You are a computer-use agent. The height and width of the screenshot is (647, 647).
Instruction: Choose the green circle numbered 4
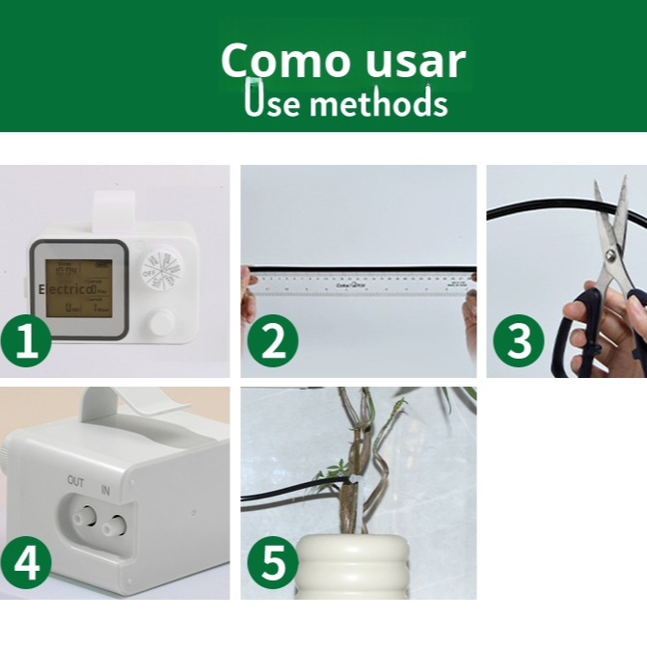(x=26, y=562)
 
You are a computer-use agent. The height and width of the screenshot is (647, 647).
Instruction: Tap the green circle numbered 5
(x=273, y=562)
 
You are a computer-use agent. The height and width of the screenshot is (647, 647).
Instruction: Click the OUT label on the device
(x=76, y=479)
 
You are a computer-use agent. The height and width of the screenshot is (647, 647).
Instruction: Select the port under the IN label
(x=117, y=526)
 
